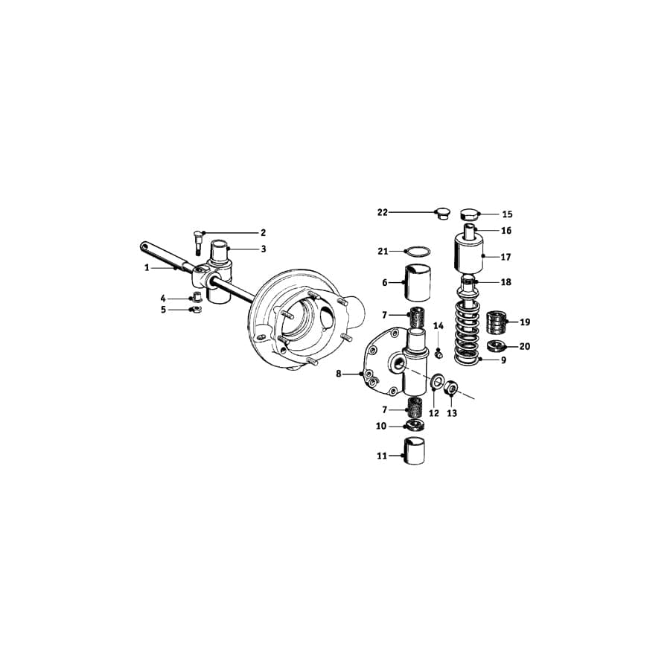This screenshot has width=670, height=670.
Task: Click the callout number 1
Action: point(147,267)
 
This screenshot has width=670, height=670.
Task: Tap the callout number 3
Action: point(263,249)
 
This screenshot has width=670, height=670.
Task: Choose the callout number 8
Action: point(339,374)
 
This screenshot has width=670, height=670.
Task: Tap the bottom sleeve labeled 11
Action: point(416,451)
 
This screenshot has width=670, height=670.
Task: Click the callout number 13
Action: point(452,413)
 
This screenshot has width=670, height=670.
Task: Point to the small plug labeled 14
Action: point(438,354)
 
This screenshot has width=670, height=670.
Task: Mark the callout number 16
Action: point(506,231)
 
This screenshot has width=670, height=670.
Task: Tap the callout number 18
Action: point(506,283)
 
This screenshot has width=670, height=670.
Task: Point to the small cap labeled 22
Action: point(442,214)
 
